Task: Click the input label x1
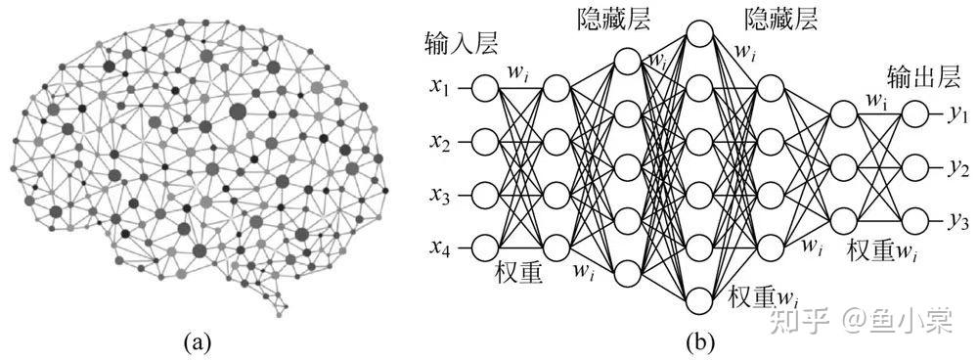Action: (438, 88)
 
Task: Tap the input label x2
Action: (438, 143)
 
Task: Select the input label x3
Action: (438, 196)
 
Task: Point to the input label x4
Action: (438, 248)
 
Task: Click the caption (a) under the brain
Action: (199, 342)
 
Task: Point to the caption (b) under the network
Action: (700, 342)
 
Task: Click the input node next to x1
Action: (485, 89)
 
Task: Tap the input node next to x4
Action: (485, 248)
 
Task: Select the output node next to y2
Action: (915, 167)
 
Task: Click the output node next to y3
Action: (915, 220)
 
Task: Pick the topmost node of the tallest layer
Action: (700, 33)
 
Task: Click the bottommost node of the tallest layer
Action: (700, 300)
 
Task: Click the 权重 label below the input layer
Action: (518, 272)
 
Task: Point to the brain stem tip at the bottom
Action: (287, 307)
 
